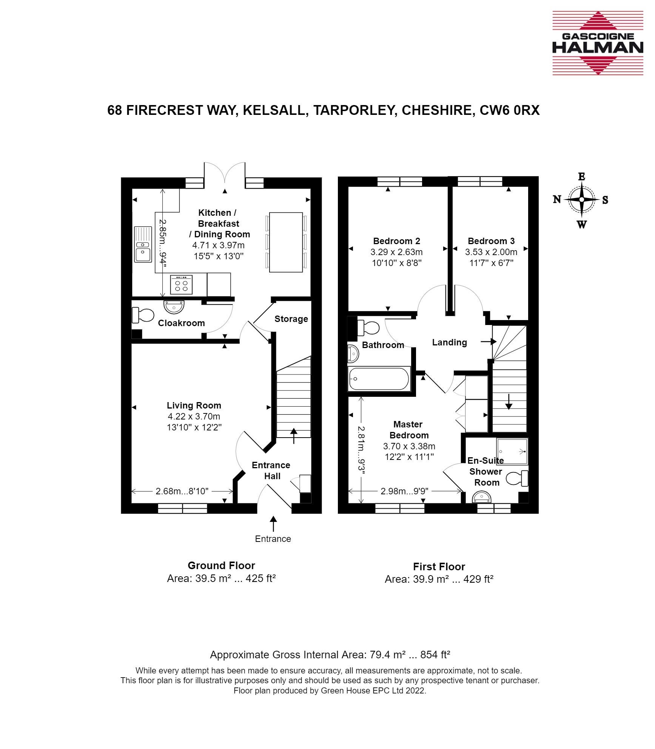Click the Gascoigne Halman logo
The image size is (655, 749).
598,43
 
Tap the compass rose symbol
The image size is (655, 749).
582,200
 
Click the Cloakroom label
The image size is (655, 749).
181,323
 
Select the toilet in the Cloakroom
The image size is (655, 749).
143,315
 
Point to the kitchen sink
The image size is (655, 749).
143,244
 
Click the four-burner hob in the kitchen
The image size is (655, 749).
181,285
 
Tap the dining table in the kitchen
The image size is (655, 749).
286,242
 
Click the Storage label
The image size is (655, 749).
291,319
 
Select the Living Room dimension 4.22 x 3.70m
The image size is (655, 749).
194,416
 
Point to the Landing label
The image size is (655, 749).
449,342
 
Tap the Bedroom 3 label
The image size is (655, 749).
491,241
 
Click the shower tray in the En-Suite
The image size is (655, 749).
512,451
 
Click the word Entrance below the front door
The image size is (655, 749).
273,539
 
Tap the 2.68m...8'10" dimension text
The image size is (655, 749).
182,491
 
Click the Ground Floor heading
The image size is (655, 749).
221,566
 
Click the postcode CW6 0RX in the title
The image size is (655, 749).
510,110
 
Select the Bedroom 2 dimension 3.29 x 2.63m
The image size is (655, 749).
396,252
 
